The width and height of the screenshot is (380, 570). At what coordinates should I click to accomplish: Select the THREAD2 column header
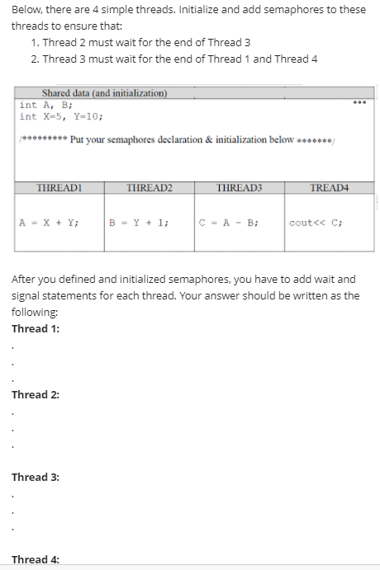(149, 188)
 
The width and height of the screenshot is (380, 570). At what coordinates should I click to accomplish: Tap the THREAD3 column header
(238, 188)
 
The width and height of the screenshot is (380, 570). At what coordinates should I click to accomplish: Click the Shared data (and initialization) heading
(104, 93)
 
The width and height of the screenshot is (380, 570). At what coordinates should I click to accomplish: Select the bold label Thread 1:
(35, 328)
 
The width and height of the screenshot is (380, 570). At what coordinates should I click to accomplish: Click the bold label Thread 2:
(35, 394)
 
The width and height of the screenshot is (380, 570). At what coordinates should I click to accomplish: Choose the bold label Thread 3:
(35, 477)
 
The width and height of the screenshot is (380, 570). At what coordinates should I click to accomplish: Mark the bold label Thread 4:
(35, 559)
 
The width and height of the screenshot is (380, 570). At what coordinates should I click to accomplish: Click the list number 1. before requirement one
(34, 43)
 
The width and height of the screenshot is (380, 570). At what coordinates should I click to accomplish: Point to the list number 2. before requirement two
(34, 59)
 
